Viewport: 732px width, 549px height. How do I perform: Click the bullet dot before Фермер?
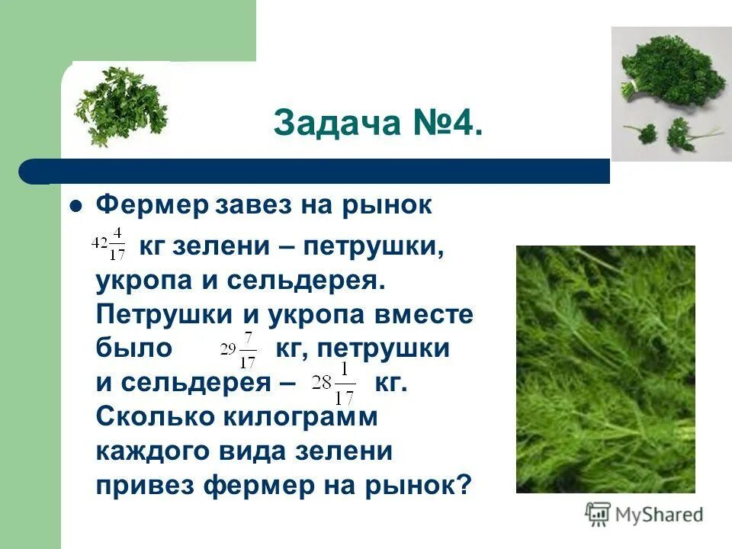pos(75,206)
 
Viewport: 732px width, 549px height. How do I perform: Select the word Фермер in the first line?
pos(152,205)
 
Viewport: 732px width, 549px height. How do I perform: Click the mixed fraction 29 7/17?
pos(238,349)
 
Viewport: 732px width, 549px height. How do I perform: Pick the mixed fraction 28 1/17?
pos(334,383)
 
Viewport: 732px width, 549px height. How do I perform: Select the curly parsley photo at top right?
pos(671,93)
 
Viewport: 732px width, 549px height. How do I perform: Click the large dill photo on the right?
pos(605,369)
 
